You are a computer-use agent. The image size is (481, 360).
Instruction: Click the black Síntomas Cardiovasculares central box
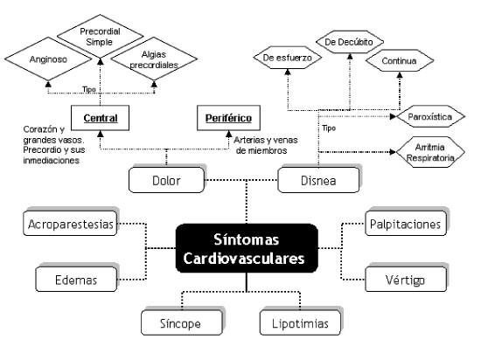[247, 248]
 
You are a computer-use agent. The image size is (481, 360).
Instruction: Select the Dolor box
[166, 180]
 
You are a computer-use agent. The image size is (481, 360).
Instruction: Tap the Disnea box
[318, 180]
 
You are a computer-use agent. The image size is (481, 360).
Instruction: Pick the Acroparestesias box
[70, 224]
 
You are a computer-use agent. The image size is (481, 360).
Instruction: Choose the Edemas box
[76, 279]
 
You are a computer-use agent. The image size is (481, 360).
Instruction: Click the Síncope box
[181, 322]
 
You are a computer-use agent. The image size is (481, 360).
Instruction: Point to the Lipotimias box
[300, 322]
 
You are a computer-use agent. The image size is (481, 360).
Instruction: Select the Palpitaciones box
[406, 224]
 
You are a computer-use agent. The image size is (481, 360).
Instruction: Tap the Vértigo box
[406, 279]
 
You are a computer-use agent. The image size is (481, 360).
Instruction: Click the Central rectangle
[100, 118]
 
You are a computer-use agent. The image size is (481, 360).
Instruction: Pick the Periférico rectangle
[228, 118]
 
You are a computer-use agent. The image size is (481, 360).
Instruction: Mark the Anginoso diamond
[48, 59]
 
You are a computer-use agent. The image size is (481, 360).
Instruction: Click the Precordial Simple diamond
[100, 36]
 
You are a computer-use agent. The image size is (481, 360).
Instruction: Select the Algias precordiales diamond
[154, 59]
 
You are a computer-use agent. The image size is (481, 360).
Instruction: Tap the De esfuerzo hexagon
[288, 58]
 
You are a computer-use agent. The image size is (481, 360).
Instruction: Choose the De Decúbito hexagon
[350, 42]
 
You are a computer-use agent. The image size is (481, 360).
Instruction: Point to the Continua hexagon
[400, 60]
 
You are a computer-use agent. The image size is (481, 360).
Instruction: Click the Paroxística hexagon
[430, 116]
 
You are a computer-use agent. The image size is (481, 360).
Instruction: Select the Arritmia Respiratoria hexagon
[430, 152]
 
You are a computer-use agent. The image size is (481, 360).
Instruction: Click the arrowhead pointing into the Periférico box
[228, 134]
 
